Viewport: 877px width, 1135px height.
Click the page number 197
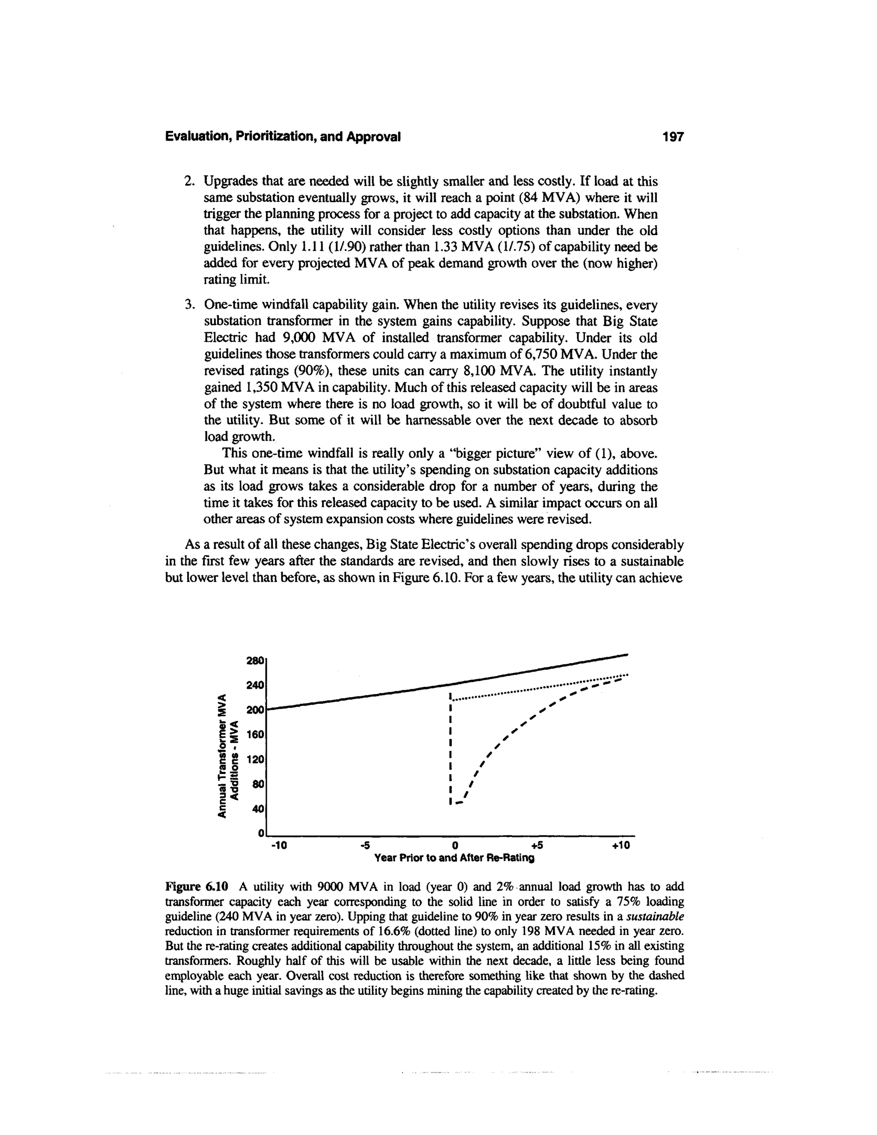(x=673, y=137)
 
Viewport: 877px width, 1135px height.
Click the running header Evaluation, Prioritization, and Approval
(x=283, y=137)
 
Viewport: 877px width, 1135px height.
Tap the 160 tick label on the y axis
(x=255, y=735)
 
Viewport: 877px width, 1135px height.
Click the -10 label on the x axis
(x=279, y=845)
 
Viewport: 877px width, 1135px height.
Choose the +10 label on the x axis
(x=620, y=845)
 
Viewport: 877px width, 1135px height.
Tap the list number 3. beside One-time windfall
(x=189, y=305)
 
